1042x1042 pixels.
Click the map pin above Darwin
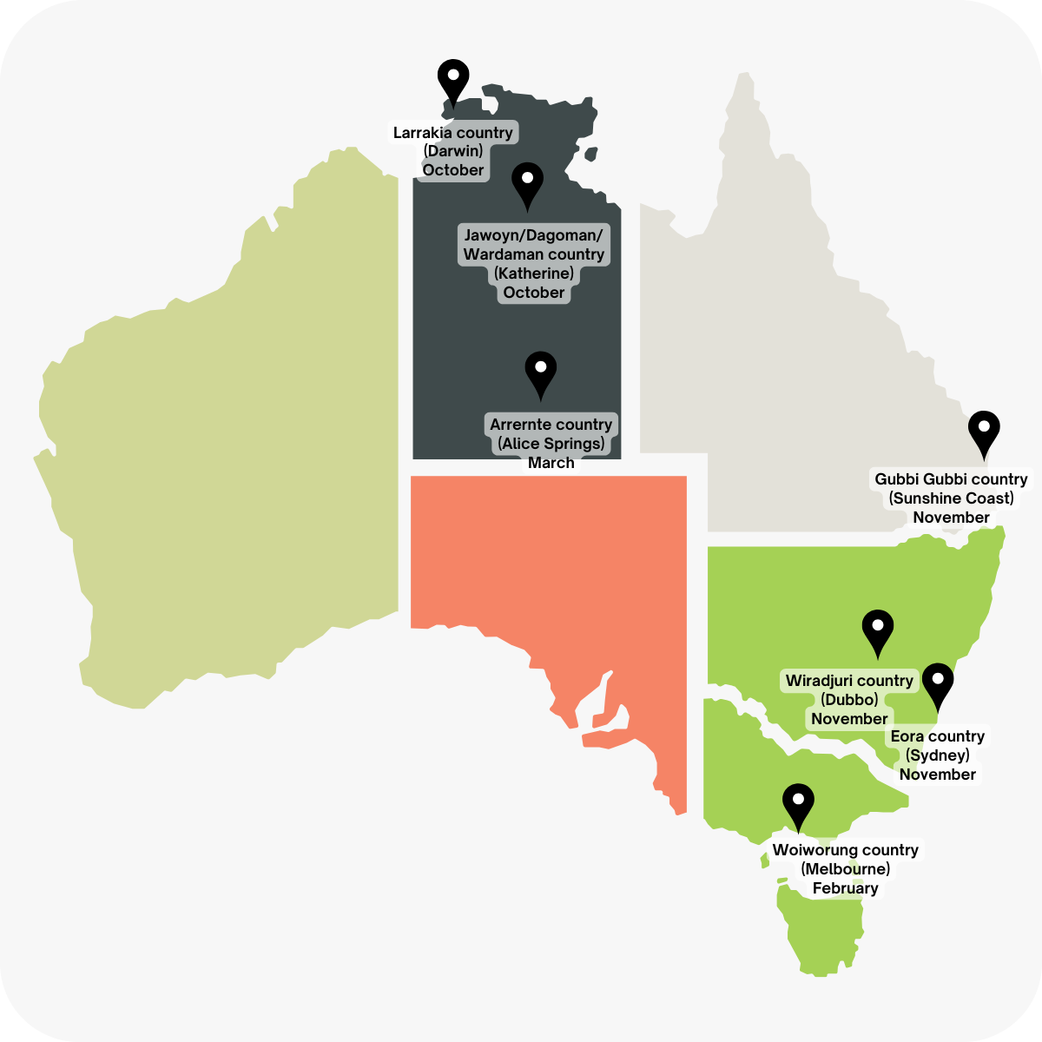click(453, 80)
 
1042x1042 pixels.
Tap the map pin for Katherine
click(527, 182)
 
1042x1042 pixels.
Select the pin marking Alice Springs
click(541, 373)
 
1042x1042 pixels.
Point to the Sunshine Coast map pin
click(984, 432)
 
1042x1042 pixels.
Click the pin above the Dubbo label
click(878, 630)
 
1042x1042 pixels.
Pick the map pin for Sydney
click(938, 684)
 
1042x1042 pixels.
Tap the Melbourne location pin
click(798, 804)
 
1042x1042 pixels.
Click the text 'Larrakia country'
click(453, 133)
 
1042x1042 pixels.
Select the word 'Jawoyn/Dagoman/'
click(533, 235)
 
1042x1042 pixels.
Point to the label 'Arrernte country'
click(551, 425)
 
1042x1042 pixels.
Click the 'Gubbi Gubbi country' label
click(951, 479)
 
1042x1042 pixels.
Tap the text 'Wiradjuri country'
click(849, 681)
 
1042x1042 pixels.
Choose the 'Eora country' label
click(938, 736)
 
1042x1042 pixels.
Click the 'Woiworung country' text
click(845, 850)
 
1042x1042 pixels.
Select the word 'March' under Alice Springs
click(551, 463)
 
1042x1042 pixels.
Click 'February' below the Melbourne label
click(845, 888)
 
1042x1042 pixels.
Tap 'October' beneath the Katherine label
click(533, 293)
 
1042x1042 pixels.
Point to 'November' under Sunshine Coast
click(951, 518)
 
